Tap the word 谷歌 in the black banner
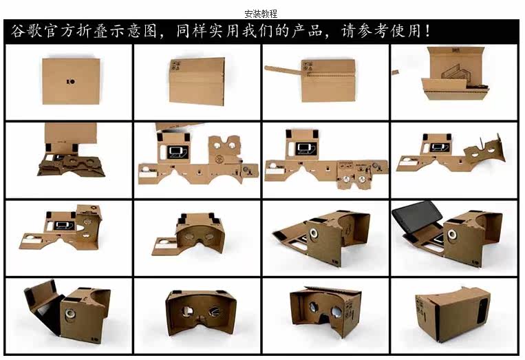click(x=27, y=32)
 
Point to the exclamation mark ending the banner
click(x=429, y=32)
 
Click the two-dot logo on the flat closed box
click(x=69, y=81)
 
